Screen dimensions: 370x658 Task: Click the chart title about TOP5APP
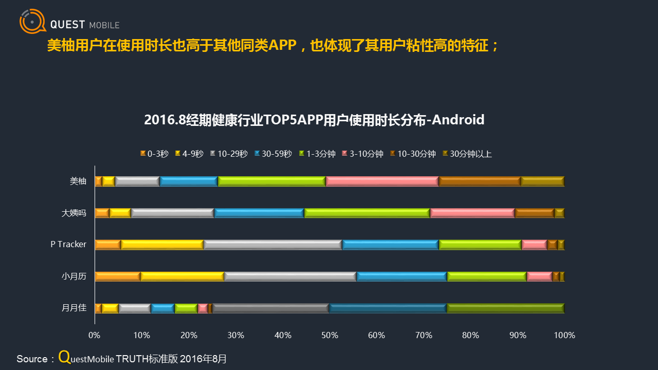click(314, 120)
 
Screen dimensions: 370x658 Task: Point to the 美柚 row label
click(78, 181)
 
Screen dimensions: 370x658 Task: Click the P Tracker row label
click(68, 244)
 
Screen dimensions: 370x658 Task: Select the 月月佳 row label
click(74, 308)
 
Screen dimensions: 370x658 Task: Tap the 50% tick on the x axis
click(330, 336)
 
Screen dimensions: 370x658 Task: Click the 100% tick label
click(564, 336)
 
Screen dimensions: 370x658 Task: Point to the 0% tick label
click(95, 336)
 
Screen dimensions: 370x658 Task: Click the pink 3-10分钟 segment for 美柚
click(382, 181)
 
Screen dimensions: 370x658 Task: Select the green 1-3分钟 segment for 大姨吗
click(367, 213)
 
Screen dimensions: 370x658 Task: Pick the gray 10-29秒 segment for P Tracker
click(273, 245)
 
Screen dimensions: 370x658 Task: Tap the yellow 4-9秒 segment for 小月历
click(182, 276)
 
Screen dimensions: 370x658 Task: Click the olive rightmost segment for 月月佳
click(506, 308)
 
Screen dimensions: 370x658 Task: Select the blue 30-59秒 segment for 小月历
click(402, 276)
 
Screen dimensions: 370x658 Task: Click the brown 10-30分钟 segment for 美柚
click(480, 181)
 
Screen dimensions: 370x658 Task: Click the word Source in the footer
click(32, 359)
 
